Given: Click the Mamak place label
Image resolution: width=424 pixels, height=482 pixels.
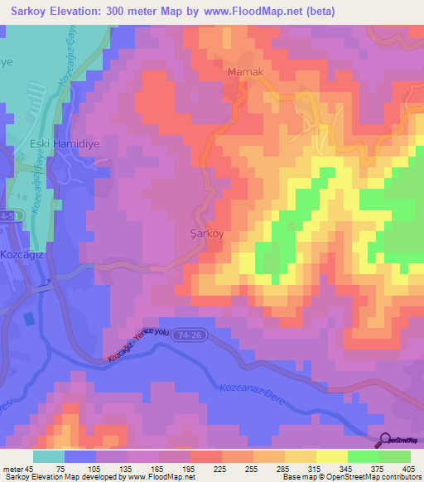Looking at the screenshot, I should [245, 73].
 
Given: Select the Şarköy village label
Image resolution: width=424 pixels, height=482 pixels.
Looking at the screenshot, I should [202, 234].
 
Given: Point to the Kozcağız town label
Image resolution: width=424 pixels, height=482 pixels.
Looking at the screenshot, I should [22, 255].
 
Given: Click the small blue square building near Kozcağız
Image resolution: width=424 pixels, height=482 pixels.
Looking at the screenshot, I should [30, 318].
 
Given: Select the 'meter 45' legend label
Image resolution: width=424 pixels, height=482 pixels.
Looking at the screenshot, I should [16, 468].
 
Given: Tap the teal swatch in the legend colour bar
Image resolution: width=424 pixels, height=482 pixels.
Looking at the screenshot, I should [49, 456].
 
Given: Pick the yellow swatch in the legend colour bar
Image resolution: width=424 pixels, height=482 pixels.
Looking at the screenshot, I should [332, 456].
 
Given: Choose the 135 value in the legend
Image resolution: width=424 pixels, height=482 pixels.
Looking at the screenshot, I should [126, 468].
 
